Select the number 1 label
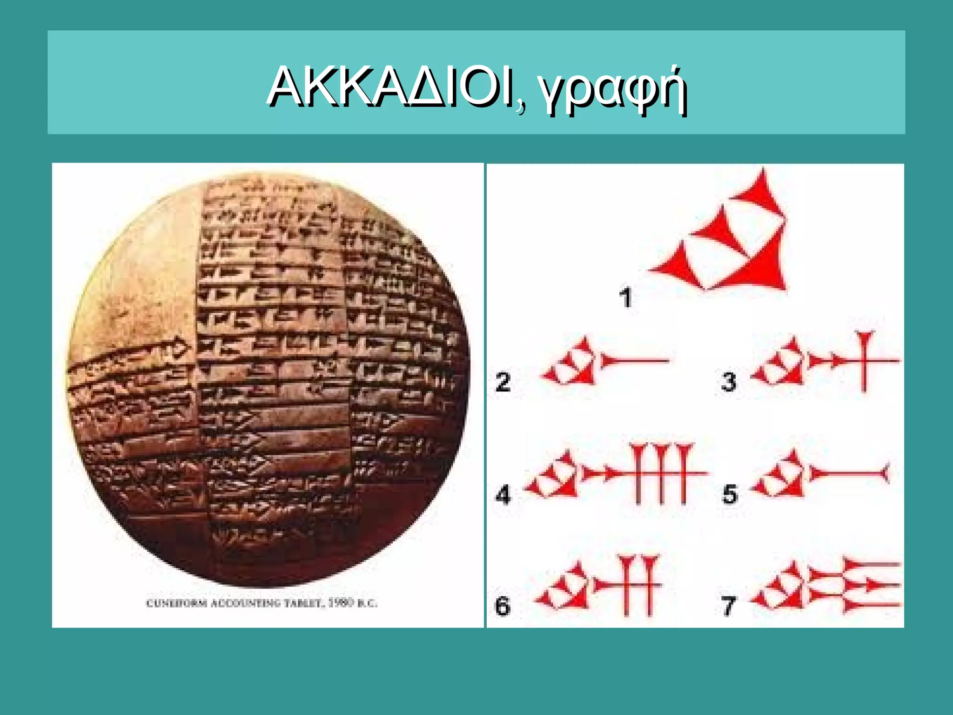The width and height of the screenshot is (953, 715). (626, 297)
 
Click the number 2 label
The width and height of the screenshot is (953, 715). (503, 382)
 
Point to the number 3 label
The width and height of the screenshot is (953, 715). (729, 382)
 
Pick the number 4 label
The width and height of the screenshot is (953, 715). (503, 494)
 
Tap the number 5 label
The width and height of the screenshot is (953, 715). (730, 494)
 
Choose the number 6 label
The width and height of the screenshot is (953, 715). (503, 606)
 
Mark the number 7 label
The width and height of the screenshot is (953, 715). (729, 606)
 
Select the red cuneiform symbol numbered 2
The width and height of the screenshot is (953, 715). (605, 361)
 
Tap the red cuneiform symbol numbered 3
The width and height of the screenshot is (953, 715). (824, 361)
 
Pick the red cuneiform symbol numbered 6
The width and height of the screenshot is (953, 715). (600, 586)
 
